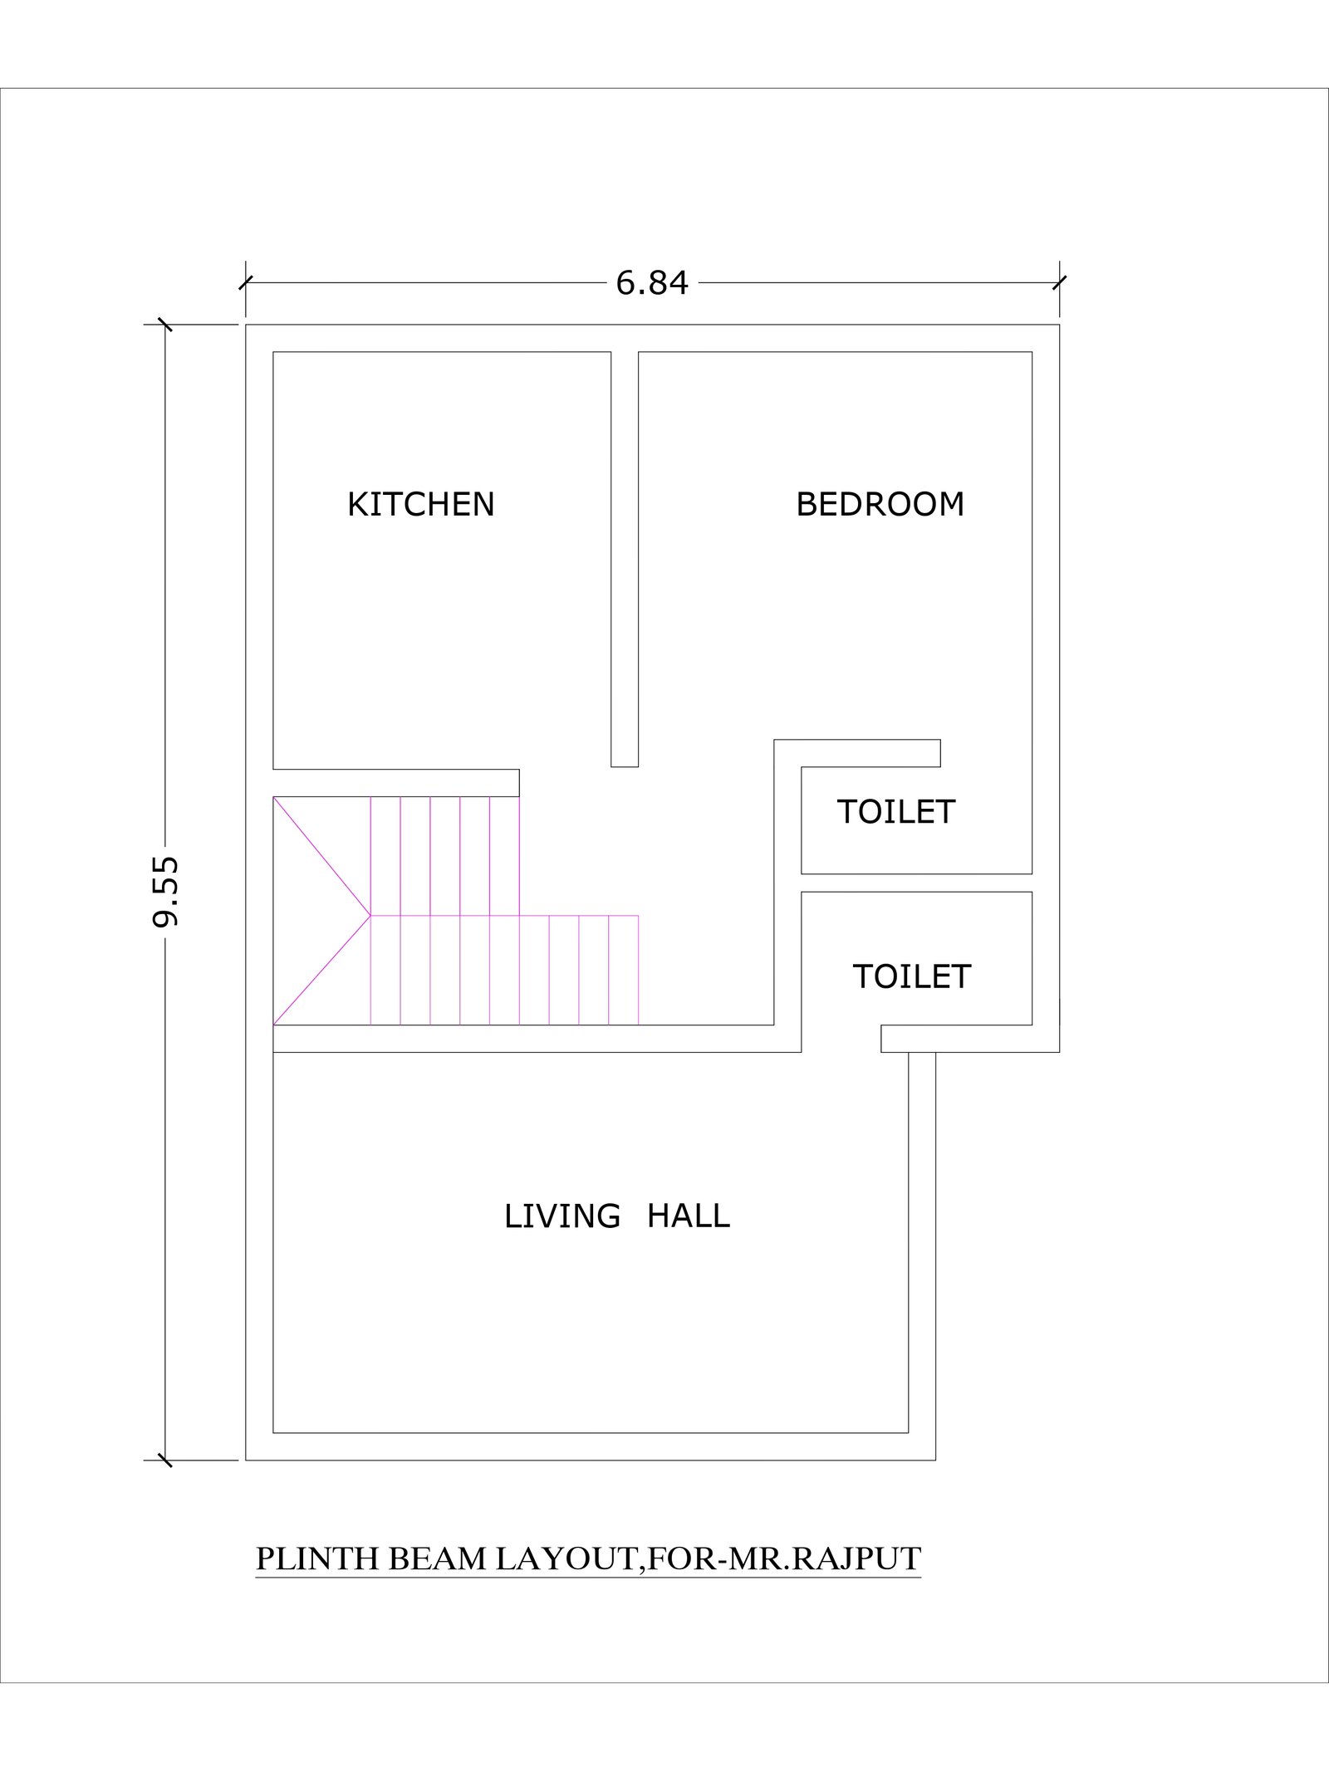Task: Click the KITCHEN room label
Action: [x=420, y=505]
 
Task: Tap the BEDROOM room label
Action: [x=880, y=505]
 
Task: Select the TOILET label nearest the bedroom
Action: [x=896, y=812]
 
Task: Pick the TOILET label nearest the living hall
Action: [x=912, y=976]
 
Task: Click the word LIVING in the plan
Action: [x=562, y=1216]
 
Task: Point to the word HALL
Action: [x=689, y=1216]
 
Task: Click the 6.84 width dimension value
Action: [x=652, y=284]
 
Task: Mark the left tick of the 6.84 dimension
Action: [x=246, y=283]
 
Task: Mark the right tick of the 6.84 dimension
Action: [x=1059, y=283]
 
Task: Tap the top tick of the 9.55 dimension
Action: [x=165, y=325]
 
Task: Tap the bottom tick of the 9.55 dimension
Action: [x=165, y=1460]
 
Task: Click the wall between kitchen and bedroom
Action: [x=625, y=559]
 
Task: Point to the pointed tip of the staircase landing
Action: [x=370, y=915]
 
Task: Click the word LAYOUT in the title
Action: [x=565, y=1559]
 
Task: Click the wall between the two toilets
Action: [x=917, y=883]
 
